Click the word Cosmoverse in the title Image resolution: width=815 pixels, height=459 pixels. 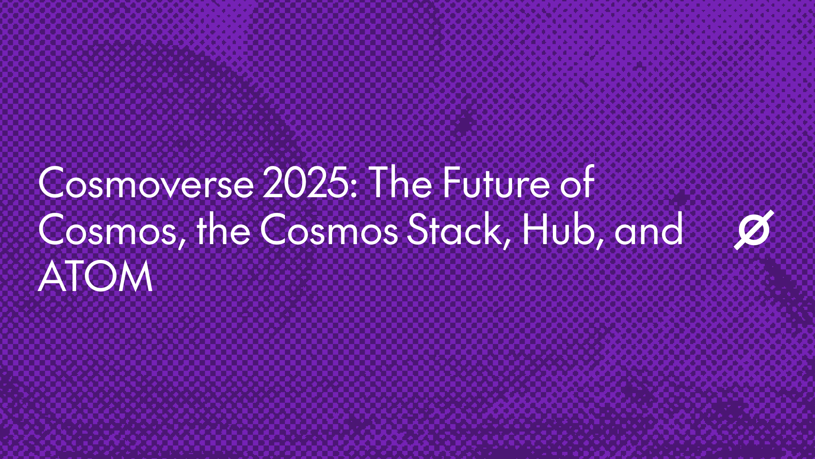coord(146,183)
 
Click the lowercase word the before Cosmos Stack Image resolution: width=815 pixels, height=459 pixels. coord(223,228)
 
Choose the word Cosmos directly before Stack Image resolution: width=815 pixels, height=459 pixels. coord(329,229)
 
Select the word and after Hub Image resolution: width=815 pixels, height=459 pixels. coord(649,228)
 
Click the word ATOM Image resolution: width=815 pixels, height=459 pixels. coord(95,275)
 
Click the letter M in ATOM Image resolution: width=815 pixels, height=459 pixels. coord(135,276)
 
